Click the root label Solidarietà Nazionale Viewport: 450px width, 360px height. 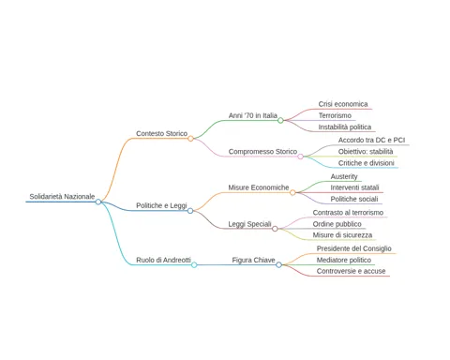pyautogui.click(x=62, y=197)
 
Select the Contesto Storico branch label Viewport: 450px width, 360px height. pyautogui.click(x=162, y=133)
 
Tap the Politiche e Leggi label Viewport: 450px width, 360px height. pyautogui.click(x=161, y=205)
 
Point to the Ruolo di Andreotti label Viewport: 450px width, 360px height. pyautogui.click(x=163, y=260)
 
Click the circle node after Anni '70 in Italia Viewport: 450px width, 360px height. pyautogui.click(x=280, y=120)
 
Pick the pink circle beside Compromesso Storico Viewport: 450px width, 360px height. pyautogui.click(x=300, y=157)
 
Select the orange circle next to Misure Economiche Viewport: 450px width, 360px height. pyautogui.click(x=292, y=192)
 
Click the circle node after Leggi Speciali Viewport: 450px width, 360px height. pyautogui.click(x=275, y=229)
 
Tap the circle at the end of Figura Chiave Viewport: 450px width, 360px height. pyautogui.click(x=278, y=264)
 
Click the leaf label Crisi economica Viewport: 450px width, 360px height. pyautogui.click(x=343, y=104)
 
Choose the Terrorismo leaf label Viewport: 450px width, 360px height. pyautogui.click(x=335, y=115)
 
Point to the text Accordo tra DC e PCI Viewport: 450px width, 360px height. pyautogui.click(x=371, y=140)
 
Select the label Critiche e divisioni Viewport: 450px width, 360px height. pyautogui.click(x=367, y=163)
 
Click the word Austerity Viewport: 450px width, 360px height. pyautogui.click(x=344, y=176)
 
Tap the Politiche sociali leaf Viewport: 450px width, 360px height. pyautogui.click(x=354, y=199)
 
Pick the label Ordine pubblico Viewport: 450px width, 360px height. pyautogui.click(x=337, y=224)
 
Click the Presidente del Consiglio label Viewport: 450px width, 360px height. pyautogui.click(x=354, y=248)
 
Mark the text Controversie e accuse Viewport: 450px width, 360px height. pyautogui.click(x=352, y=271)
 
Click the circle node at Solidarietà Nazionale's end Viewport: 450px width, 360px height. pyautogui.click(x=98, y=202)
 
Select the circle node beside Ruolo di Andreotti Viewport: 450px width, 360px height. pyautogui.click(x=194, y=265)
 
